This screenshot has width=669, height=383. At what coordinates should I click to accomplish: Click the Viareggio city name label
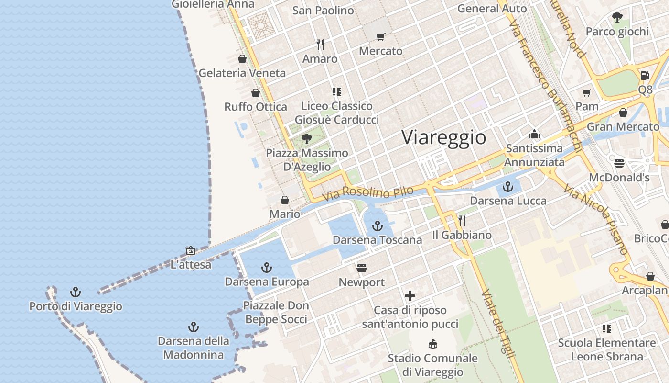pos(444,137)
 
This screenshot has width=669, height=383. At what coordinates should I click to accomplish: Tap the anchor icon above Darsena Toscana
pos(378,225)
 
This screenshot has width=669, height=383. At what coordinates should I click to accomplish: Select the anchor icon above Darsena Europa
pos(267,268)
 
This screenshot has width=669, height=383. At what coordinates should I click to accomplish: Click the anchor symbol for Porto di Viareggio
pos(76,292)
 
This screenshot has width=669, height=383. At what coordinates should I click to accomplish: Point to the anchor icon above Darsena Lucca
pos(508,187)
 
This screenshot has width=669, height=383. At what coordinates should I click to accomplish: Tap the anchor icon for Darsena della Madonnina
pos(194,327)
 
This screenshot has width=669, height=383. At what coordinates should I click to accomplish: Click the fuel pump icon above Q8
pos(645,75)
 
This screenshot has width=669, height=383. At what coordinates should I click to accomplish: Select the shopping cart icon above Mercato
pos(380,37)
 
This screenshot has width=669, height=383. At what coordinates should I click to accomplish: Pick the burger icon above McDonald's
pos(619,163)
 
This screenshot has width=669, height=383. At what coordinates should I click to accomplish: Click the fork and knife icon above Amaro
pos(320,45)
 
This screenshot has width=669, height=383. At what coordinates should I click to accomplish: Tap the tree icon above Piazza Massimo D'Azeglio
pos(307,139)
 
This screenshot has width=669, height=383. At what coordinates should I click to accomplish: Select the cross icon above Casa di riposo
pos(410,296)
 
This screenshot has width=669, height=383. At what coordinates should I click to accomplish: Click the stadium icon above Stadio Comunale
pos(433,344)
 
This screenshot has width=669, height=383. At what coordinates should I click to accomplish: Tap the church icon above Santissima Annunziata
pos(534,134)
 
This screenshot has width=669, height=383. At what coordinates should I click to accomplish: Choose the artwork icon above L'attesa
pos(191,250)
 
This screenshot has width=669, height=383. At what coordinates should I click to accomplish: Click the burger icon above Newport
pos(362,268)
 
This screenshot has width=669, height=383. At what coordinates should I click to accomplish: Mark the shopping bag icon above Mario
pos(285,200)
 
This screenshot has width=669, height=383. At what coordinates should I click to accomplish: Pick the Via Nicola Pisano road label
pos(595,220)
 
